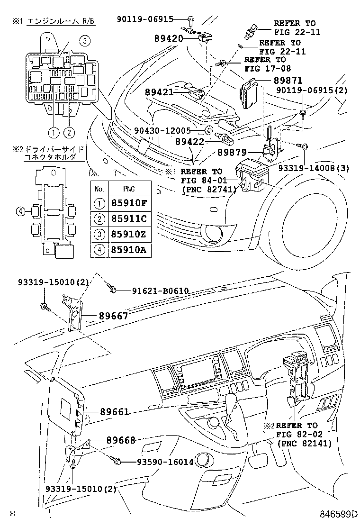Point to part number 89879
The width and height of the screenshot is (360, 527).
click(x=233, y=153)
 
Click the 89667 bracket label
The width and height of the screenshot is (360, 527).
click(x=113, y=316)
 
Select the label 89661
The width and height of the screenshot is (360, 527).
click(x=114, y=412)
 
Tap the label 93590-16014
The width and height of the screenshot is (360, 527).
click(x=159, y=461)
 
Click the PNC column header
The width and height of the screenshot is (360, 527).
click(x=129, y=189)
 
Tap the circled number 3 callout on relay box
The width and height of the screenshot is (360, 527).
click(x=84, y=41)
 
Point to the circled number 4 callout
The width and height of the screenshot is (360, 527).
click(x=19, y=212)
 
